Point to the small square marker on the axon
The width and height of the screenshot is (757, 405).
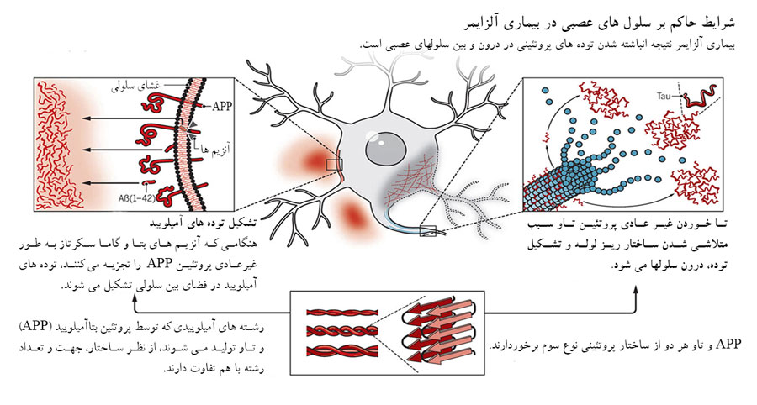[x=427, y=229]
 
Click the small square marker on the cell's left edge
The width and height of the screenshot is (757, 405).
[x=334, y=164]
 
